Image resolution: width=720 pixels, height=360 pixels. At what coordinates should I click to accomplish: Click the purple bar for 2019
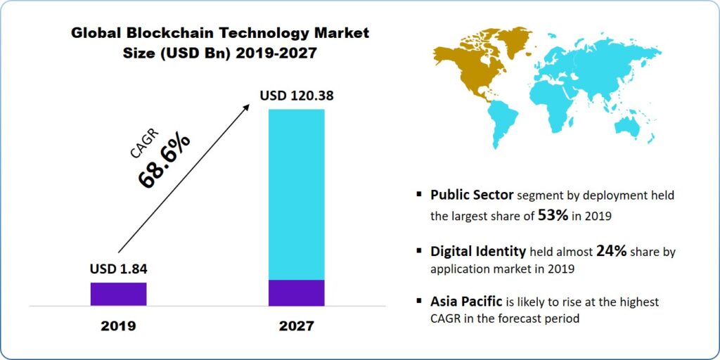118,294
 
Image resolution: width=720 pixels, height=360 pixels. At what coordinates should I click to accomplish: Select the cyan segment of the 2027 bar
296,194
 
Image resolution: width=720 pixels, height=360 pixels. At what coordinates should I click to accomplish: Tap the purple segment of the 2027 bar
296,292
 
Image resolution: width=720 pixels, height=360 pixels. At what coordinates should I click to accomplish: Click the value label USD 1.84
118,268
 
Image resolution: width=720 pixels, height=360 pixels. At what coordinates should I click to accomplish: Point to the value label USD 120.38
296,95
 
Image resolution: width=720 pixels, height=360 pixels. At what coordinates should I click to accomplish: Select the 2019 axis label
118,326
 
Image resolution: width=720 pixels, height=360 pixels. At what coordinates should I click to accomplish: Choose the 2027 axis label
296,326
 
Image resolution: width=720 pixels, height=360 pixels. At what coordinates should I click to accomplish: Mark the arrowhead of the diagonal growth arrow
247,105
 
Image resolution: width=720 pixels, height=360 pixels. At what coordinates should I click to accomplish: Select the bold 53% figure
553,216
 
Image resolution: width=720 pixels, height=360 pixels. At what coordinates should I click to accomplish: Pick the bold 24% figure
611,250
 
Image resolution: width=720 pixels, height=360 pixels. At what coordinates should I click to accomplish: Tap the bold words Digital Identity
478,250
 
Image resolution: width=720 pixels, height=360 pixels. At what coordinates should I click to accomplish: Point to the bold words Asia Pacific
466,301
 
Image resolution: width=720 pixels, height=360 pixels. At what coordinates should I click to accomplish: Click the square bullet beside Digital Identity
419,250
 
